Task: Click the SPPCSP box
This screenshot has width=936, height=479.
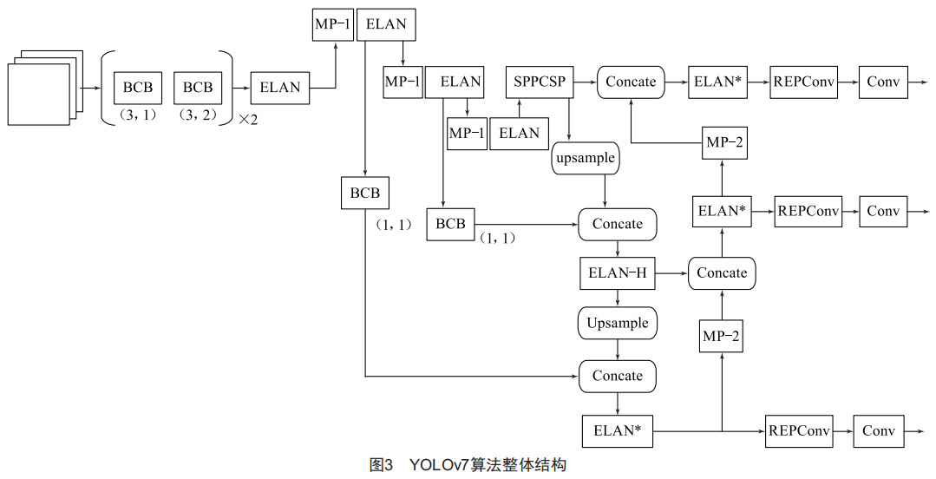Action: point(539,82)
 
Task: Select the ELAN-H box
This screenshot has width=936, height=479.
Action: point(617,273)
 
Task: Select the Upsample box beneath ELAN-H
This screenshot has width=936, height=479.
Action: point(617,323)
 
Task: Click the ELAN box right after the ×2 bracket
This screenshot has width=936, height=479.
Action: point(279,87)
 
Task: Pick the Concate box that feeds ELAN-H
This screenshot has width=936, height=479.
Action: point(617,224)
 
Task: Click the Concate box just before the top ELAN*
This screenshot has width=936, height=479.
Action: point(631,82)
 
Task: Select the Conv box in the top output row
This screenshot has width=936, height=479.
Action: point(883,82)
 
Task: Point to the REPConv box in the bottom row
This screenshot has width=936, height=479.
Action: point(798,430)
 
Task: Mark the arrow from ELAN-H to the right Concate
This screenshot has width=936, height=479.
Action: point(671,273)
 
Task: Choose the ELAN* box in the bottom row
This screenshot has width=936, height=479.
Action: point(617,430)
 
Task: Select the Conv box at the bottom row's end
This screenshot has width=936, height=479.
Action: point(879,430)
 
